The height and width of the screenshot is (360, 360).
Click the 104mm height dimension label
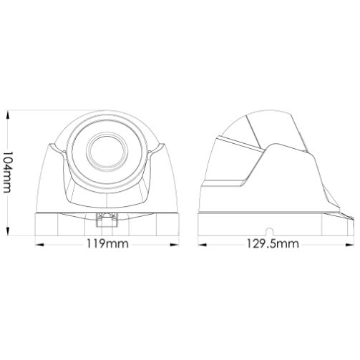(7, 172)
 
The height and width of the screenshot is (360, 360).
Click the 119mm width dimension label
(107, 244)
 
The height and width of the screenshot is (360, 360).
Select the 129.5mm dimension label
(273, 244)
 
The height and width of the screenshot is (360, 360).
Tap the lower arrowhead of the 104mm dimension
(8, 231)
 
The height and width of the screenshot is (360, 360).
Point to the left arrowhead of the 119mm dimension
(40, 245)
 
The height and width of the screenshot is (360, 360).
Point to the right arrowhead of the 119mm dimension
(174, 245)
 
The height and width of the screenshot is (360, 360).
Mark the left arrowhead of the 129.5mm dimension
(203, 245)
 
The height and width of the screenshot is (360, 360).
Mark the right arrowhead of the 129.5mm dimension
(349, 245)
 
